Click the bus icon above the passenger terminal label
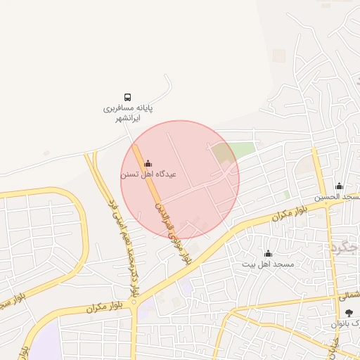pos(127,97)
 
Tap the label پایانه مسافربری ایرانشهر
pos(128,114)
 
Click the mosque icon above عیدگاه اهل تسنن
pos(147,164)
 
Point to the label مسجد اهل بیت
pos(268,264)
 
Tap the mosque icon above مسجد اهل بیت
pos(267,254)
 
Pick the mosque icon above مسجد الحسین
pos(339,186)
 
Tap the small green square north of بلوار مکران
pos(286,193)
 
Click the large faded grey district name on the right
pos(345,246)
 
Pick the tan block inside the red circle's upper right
pos(221,152)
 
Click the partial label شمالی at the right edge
pos(349,297)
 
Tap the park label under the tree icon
pos(346,324)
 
